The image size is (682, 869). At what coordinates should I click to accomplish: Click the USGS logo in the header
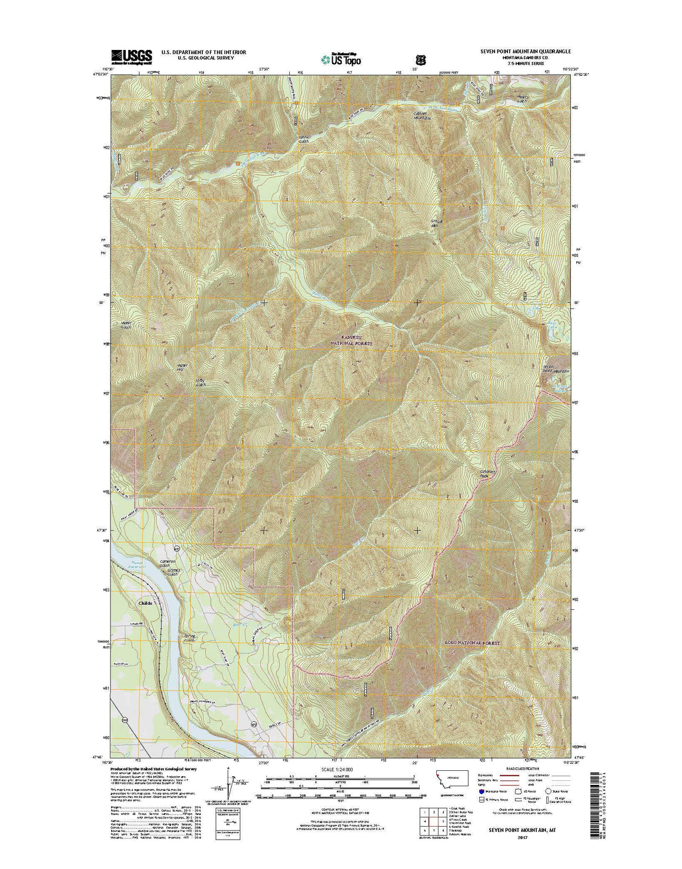(131, 56)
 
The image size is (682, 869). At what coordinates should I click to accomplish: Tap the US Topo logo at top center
(341, 58)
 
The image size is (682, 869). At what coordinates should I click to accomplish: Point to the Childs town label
(145, 603)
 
